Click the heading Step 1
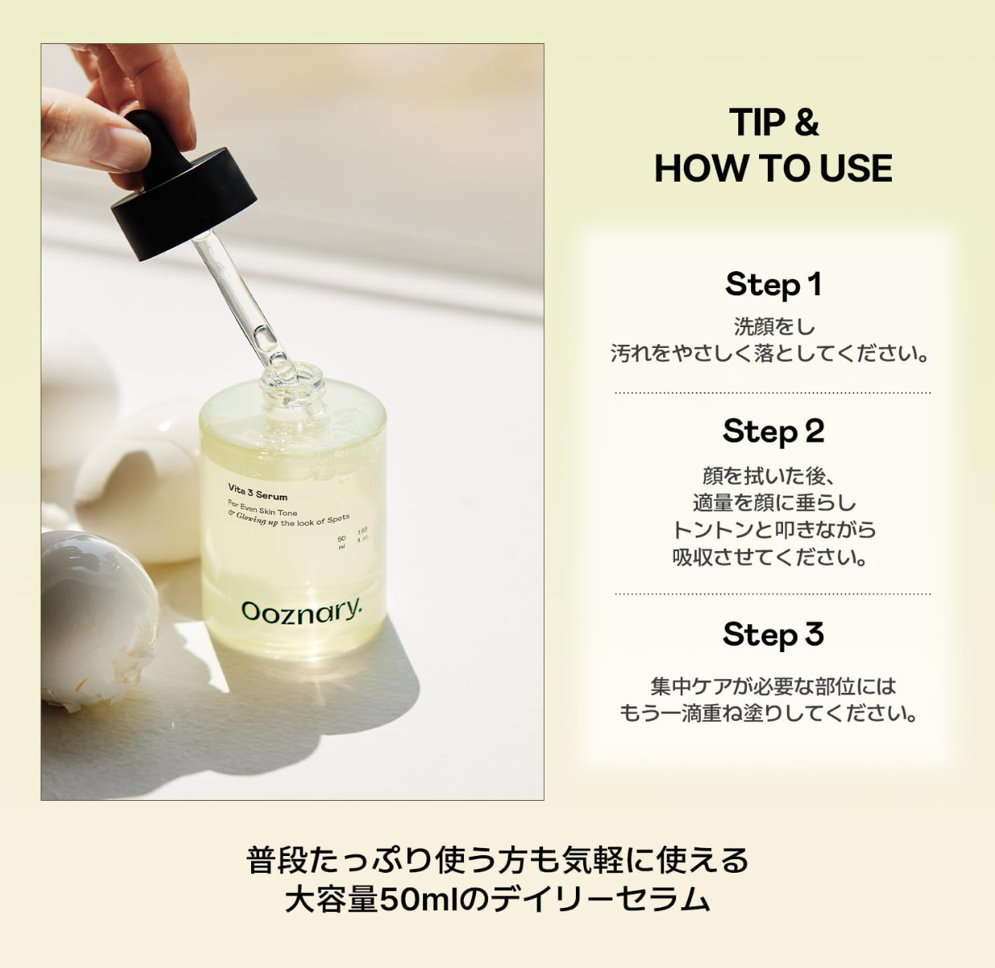pos(773,285)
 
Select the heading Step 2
pos(773,432)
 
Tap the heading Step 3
pos(773,635)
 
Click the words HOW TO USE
pos(773,169)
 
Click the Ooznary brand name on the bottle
pos(302,612)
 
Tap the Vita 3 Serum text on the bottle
pos(258,492)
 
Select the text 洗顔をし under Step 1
pos(773,326)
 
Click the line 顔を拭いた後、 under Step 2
pos(768,476)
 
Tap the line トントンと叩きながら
pos(773,530)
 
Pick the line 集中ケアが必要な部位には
pos(773,686)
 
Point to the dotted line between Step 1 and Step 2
pos(773,393)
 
